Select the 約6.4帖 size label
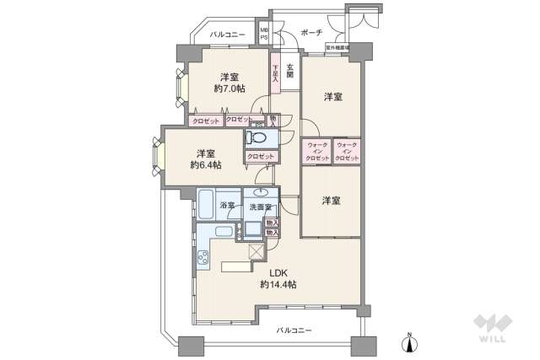pyautogui.click(x=204, y=165)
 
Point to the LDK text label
pyautogui.click(x=278, y=272)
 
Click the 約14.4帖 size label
pyautogui.click(x=278, y=285)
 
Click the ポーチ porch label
pyautogui.click(x=310, y=35)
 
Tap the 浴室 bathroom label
pyautogui.click(x=227, y=206)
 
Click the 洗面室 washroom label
pyautogui.click(x=260, y=207)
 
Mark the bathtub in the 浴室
pyautogui.click(x=208, y=205)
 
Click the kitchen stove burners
pyautogui.click(x=203, y=260)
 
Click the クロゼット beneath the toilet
pyautogui.click(x=261, y=157)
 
